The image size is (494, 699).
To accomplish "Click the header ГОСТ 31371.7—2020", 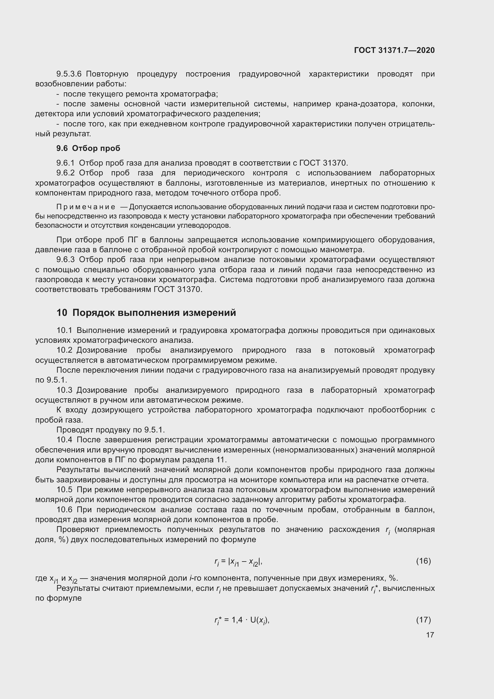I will tap(394, 50).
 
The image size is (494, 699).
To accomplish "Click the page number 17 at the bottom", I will tap(430, 635).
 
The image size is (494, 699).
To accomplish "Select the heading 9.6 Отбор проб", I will tap(88, 148).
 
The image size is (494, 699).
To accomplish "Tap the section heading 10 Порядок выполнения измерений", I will tap(146, 313).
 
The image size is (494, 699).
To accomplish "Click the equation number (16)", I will tap(424, 561).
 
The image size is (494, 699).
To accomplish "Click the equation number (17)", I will tap(424, 620).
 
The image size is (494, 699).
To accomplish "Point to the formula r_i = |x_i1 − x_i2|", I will tap(238, 562).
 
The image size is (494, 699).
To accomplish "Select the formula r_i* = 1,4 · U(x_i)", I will tap(242, 620).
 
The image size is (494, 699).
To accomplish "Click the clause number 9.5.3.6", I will tap(69, 74).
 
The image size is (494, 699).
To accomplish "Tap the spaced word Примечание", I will tap(86, 207).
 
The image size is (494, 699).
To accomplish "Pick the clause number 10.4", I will tap(65, 440).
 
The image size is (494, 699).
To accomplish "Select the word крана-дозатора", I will tap(366, 104).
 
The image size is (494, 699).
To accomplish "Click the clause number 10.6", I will tap(65, 510).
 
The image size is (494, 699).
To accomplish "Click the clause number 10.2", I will tap(65, 350).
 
